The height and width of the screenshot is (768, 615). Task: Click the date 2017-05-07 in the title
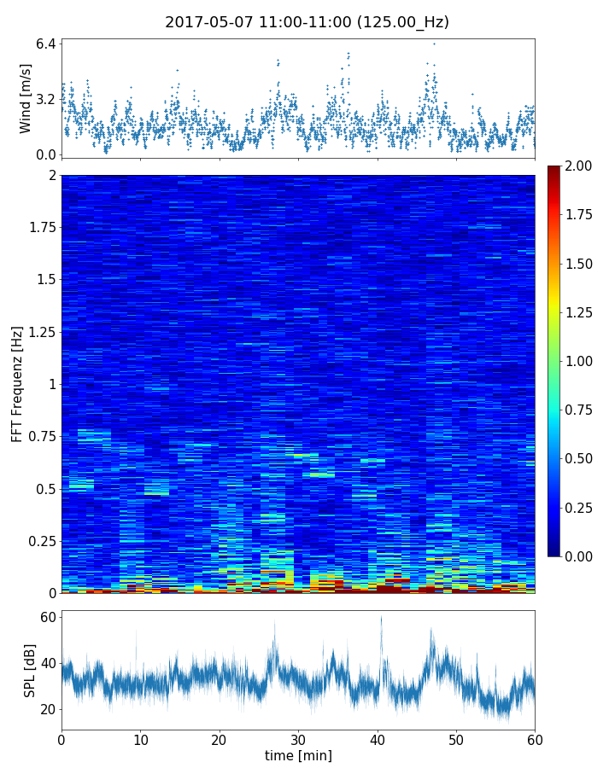click(208, 22)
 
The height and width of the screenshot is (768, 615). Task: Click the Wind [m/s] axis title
click(26, 98)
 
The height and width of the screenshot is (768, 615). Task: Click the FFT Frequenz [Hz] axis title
click(17, 384)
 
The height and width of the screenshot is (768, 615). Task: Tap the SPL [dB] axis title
click(30, 670)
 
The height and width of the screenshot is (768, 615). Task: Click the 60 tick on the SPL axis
click(48, 617)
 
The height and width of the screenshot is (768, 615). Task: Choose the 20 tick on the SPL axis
click(48, 709)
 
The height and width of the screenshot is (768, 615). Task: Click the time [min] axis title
click(298, 755)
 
